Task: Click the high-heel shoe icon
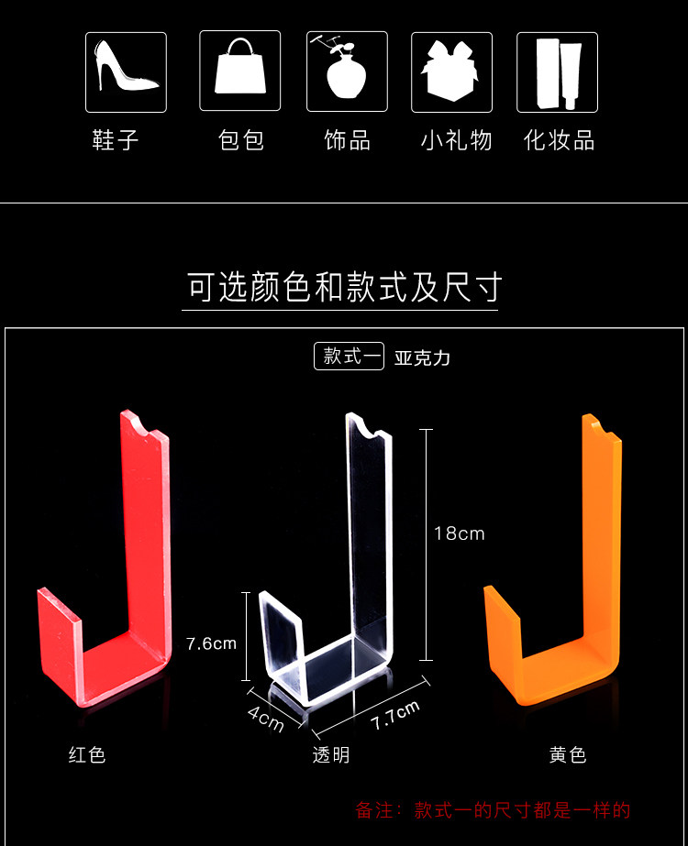point(126,72)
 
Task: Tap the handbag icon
point(240,72)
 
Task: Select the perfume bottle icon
point(347,72)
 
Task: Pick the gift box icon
point(451,72)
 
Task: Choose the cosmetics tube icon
point(557,72)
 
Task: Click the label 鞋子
point(116,140)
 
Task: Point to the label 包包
point(241,140)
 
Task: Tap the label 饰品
point(347,140)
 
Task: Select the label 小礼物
point(457,140)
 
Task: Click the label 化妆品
point(560,140)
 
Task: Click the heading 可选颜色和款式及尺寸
point(344,288)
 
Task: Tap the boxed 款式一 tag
point(349,357)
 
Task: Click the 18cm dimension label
point(459,533)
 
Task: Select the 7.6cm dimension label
point(211,643)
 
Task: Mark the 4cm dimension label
point(266,718)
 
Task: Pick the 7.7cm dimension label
point(395,715)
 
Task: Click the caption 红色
point(87,755)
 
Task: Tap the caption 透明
point(330,755)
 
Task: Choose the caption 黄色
point(568,755)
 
